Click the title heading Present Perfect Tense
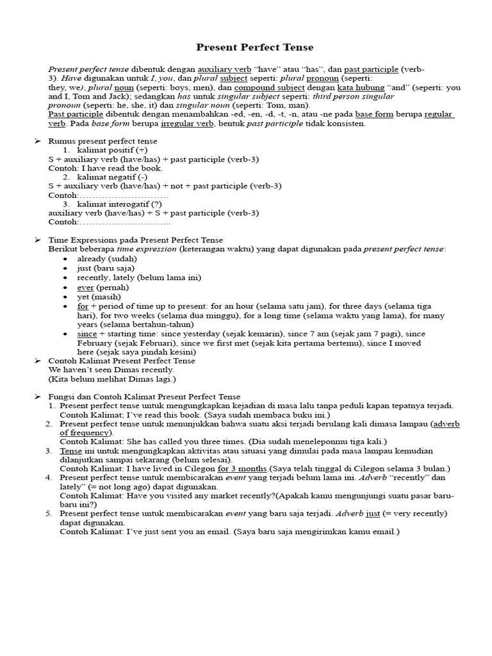pos(245,47)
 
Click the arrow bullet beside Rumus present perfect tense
pos(37,141)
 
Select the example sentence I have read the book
pos(106,168)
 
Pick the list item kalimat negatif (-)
pos(112,177)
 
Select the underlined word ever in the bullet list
pos(85,288)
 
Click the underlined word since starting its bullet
pos(87,334)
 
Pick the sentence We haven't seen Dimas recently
pos(111,370)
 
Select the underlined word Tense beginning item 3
pos(71,451)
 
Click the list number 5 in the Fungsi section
pos(50,513)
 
